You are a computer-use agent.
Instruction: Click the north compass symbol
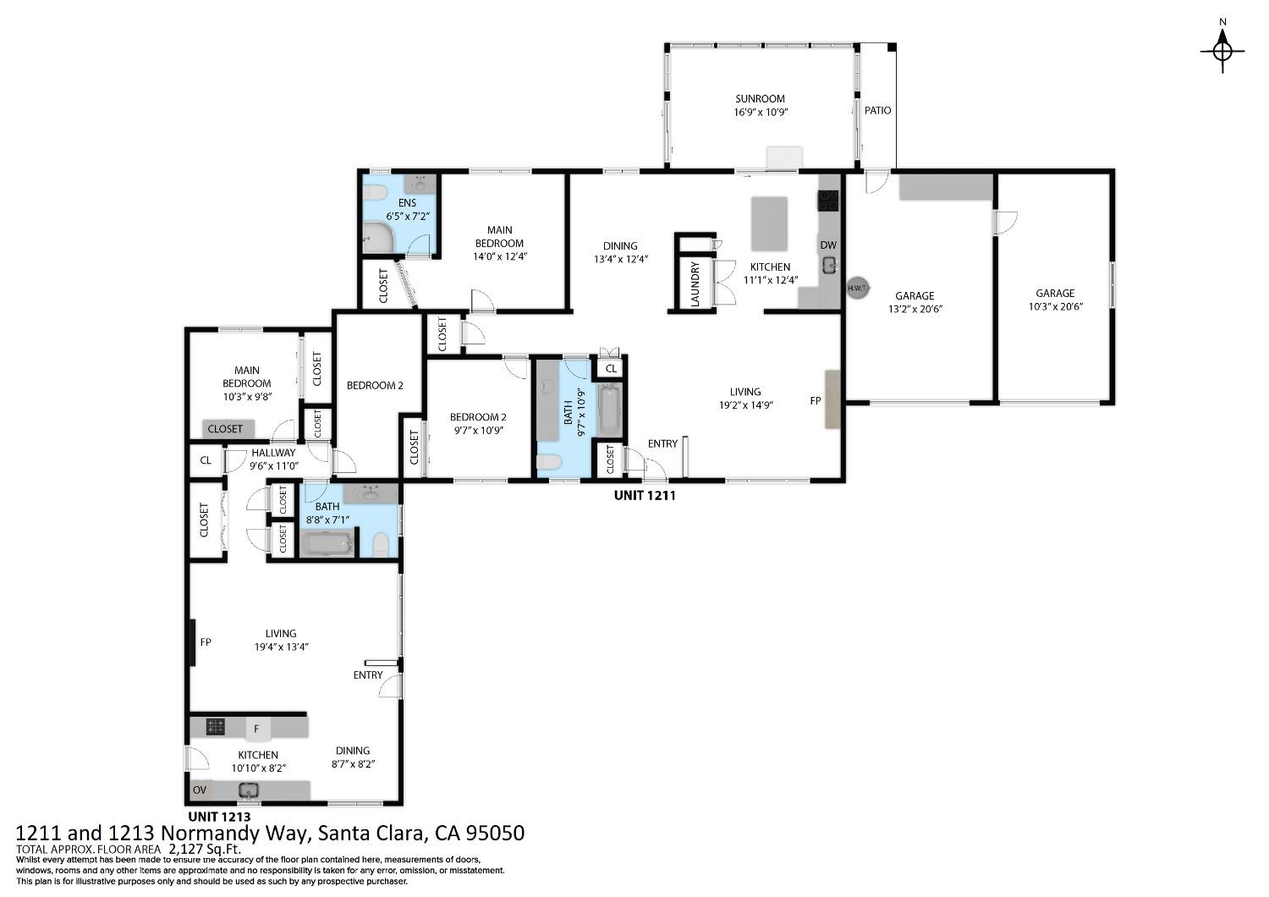[1222, 51]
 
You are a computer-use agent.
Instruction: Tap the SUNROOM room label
[760, 98]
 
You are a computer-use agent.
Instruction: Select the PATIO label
[877, 110]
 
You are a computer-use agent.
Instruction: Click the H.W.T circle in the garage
[858, 288]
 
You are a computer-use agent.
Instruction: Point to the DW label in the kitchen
[827, 245]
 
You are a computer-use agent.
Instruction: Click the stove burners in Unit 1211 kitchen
[827, 201]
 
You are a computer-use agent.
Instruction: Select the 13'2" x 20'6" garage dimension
[915, 309]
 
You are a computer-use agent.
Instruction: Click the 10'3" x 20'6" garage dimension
[1055, 307]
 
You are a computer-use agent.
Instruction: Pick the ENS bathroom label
[408, 203]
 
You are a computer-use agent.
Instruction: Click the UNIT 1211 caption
[644, 496]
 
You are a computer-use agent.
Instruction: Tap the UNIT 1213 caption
[219, 817]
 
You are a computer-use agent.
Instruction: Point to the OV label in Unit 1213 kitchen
[200, 790]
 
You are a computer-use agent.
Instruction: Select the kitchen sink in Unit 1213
[248, 791]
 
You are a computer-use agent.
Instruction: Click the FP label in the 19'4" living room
[205, 642]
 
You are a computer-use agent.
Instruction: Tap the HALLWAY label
[273, 453]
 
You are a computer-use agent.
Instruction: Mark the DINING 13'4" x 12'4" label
[620, 246]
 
